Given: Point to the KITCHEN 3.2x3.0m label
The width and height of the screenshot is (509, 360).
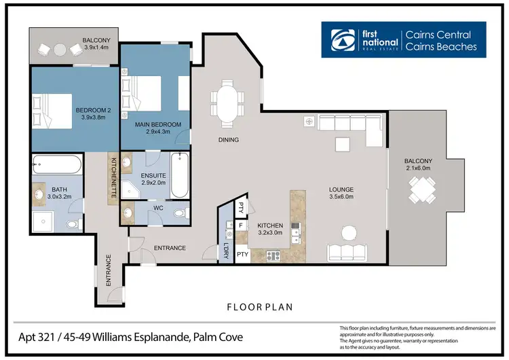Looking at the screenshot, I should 273,229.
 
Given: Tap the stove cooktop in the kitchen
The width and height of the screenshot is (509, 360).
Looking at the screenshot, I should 274,256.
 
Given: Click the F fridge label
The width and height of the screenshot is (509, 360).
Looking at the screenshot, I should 240,224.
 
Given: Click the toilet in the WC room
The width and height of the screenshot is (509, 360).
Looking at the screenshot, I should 179,213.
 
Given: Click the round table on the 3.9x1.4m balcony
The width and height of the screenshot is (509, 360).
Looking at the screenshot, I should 59,49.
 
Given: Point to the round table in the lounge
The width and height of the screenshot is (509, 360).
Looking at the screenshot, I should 348,232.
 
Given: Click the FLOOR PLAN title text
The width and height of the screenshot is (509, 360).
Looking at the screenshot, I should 259,307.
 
